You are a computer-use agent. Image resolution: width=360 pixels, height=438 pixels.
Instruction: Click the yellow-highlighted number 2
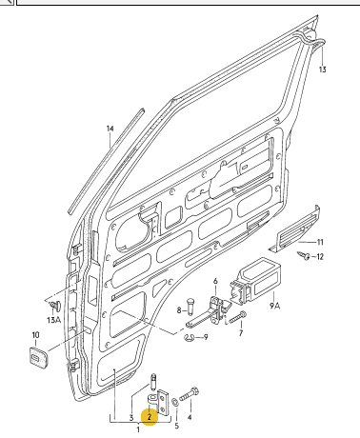click(x=150, y=417)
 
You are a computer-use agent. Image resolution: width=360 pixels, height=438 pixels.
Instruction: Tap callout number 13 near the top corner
click(x=322, y=70)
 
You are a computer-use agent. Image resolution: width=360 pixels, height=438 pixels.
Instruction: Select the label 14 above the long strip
click(x=110, y=129)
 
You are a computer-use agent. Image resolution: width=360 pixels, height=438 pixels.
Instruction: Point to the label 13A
click(x=53, y=320)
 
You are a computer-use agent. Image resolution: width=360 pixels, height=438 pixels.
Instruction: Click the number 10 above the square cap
click(x=35, y=335)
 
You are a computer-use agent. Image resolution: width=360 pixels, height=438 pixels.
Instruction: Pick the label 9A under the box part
click(x=275, y=306)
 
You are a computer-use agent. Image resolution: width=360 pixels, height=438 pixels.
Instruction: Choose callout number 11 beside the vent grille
click(x=320, y=242)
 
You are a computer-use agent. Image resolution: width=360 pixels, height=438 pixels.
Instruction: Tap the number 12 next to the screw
click(x=320, y=256)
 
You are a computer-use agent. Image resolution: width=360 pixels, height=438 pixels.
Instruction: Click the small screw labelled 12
click(x=304, y=255)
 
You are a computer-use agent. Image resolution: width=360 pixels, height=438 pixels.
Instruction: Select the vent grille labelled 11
click(x=293, y=230)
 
